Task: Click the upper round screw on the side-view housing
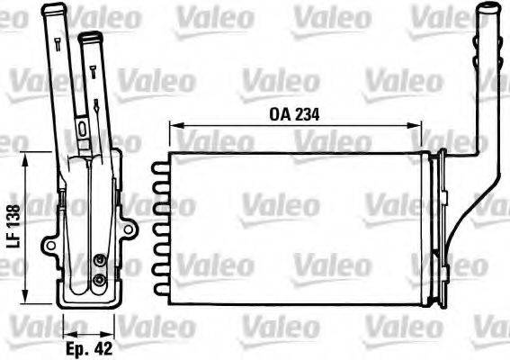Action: click(99, 263)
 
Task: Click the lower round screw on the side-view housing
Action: click(99, 281)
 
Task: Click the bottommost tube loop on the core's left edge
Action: click(160, 288)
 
